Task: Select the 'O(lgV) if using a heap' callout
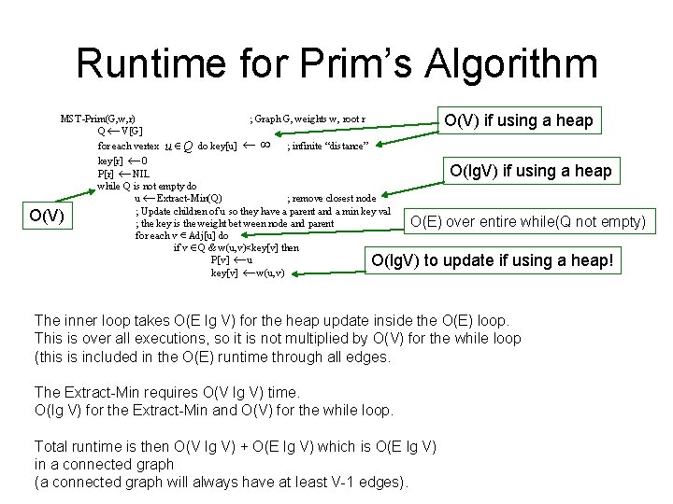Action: coord(530,170)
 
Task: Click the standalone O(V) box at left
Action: coord(46,217)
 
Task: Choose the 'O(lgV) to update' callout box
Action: coord(493,260)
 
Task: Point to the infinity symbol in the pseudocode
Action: coord(265,145)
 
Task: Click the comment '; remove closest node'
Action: coord(331,198)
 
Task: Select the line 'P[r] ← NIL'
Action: coord(123,174)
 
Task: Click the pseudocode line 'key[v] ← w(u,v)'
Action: coord(248,273)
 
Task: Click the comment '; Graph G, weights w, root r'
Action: coord(307,119)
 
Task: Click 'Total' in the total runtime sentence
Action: coord(53,446)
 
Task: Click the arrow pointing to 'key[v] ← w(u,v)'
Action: coord(331,269)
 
